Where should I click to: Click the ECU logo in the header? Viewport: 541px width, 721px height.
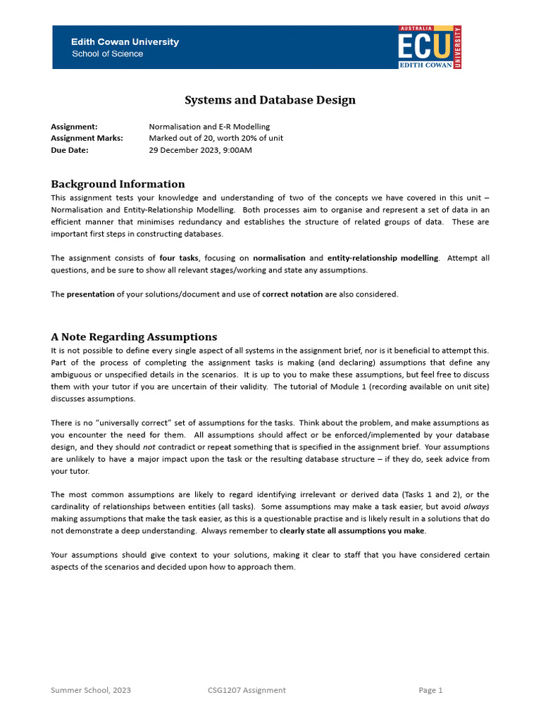429,47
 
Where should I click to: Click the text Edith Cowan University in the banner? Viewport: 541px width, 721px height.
125,42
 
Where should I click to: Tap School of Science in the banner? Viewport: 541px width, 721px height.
107,54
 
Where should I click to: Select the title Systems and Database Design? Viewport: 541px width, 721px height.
270,100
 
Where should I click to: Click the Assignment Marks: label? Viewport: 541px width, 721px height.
87,138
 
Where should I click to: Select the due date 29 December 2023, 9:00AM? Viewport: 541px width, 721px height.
200,150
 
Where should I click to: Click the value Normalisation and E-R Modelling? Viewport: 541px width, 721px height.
209,127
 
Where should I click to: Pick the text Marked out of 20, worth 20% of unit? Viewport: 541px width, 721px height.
216,138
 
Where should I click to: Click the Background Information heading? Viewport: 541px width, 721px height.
118,184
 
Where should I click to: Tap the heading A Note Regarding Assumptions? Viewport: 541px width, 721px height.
134,337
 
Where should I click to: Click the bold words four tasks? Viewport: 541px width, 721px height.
179,258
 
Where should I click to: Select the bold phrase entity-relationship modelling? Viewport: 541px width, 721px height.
383,258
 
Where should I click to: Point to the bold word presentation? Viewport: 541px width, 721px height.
90,294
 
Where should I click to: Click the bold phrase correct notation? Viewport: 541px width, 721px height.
292,294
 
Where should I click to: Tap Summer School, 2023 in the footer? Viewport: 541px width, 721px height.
91,690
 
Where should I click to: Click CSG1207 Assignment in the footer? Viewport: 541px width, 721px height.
242,690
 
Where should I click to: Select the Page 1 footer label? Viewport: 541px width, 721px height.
430,690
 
